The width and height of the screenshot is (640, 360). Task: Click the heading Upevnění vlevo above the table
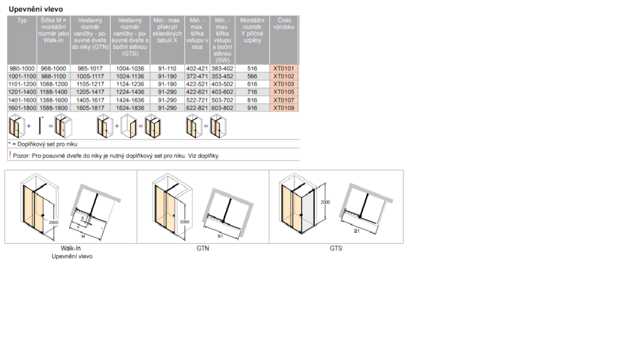[x=36, y=9]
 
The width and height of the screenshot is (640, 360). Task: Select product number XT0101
[x=284, y=69]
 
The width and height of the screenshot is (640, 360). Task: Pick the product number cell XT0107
[x=284, y=100]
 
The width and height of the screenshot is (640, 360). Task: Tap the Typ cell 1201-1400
[x=22, y=92]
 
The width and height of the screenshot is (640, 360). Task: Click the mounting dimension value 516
[x=252, y=69]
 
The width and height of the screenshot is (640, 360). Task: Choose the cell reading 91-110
[x=167, y=69]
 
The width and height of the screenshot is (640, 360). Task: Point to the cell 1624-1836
[x=130, y=108]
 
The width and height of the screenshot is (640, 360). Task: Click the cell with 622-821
[x=197, y=108]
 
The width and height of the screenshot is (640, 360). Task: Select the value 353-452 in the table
[x=222, y=76]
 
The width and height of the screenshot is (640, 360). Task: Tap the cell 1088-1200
[x=54, y=84]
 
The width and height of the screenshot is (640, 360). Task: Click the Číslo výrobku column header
[x=284, y=23]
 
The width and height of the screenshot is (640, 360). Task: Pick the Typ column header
[x=22, y=20]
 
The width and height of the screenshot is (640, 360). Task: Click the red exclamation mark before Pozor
[x=10, y=155]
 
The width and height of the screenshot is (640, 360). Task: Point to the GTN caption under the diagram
[x=203, y=249]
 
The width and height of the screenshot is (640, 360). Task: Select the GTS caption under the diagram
[x=336, y=249]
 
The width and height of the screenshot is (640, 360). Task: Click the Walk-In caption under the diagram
[x=70, y=249]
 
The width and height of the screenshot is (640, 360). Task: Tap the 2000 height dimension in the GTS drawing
[x=325, y=202]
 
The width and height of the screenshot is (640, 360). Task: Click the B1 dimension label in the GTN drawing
[x=220, y=236]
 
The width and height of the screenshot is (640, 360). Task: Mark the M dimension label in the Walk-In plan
[x=83, y=237]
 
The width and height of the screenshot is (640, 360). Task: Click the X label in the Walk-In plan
[x=83, y=219]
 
